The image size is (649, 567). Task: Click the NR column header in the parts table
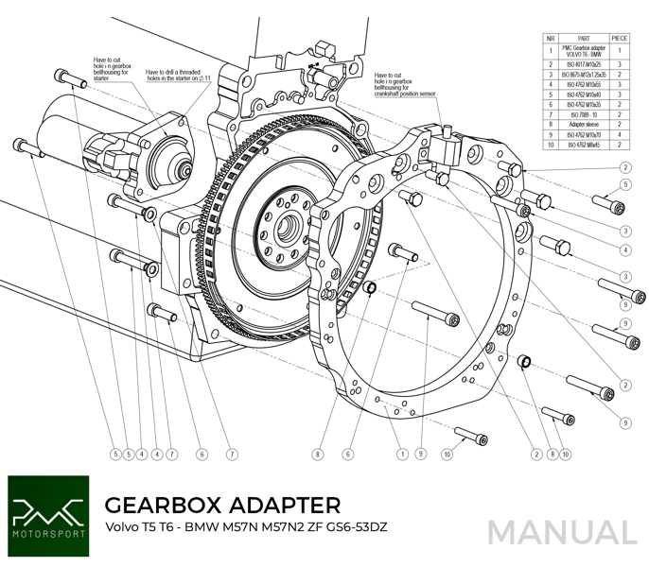pos(550,38)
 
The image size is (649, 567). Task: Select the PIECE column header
pos(621,38)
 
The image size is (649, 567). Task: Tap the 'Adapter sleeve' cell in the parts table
pos(580,123)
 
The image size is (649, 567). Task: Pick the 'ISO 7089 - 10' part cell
pos(580,112)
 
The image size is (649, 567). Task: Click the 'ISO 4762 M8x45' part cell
pos(580,144)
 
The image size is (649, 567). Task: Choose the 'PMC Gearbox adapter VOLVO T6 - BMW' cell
pos(580,51)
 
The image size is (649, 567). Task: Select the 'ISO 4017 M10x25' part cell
pos(580,64)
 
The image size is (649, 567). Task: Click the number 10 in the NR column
pos(550,144)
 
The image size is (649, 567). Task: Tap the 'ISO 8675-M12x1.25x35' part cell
pos(580,75)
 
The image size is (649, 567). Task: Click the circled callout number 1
pos(403,455)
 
